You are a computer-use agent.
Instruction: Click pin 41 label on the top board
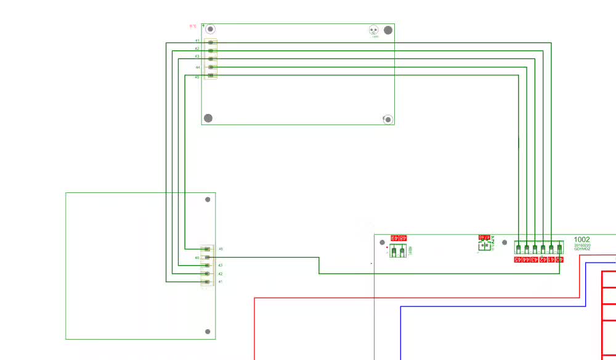click(x=197, y=41)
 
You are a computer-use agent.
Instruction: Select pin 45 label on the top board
click(x=197, y=77)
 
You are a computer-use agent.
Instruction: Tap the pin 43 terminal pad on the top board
click(x=211, y=59)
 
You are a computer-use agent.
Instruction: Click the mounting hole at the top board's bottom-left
click(x=208, y=118)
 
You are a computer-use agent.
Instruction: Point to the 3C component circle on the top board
click(x=373, y=30)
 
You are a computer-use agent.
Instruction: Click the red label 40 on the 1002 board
click(x=559, y=260)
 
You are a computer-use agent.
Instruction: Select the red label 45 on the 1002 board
click(x=519, y=260)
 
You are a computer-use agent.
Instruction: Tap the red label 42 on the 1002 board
click(x=543, y=260)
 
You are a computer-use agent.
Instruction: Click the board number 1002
click(x=582, y=240)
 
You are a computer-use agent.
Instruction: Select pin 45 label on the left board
click(x=221, y=249)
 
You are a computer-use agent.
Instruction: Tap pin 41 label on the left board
click(x=220, y=282)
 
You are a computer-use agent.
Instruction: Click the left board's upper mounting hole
click(x=208, y=199)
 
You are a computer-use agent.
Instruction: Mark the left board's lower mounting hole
click(x=208, y=332)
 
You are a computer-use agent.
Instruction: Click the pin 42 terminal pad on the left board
click(x=207, y=274)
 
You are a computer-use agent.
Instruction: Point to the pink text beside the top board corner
click(x=192, y=26)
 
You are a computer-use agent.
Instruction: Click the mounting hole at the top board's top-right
click(x=388, y=30)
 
